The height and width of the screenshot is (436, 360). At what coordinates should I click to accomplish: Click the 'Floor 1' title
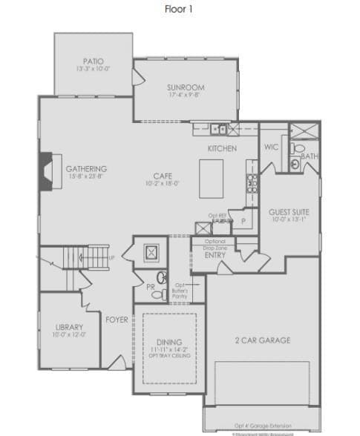click(180, 10)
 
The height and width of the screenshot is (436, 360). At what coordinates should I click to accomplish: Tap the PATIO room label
click(93, 62)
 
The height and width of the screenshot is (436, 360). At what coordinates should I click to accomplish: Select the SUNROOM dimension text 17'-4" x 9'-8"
click(186, 96)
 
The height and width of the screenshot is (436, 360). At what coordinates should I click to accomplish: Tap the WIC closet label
click(272, 148)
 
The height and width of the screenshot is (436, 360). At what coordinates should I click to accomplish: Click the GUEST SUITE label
click(289, 211)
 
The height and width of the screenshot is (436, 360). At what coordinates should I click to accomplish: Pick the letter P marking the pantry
click(242, 221)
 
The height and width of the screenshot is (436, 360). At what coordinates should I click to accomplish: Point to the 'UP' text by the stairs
click(112, 257)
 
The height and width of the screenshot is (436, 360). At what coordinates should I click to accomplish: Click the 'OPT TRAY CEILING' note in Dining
click(170, 356)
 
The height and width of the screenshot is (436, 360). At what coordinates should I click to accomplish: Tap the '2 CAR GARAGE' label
click(263, 340)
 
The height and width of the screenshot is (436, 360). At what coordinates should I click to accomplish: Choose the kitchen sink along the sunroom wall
click(217, 128)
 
